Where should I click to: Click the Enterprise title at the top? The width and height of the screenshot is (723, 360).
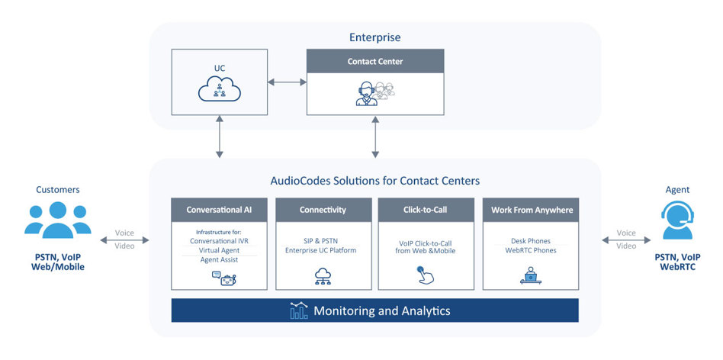click(374, 37)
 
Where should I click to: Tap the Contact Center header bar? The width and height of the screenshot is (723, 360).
click(374, 61)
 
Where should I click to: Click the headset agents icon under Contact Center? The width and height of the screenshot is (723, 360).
click(374, 93)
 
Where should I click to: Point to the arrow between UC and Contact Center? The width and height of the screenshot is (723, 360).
click(287, 82)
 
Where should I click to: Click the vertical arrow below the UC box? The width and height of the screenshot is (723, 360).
click(220, 137)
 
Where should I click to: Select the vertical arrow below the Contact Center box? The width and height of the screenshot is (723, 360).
click(374, 137)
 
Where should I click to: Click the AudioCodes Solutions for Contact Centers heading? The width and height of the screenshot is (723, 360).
click(374, 181)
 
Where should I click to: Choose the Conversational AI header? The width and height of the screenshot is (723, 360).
click(219, 210)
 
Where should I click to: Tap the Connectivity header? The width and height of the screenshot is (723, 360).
click(323, 210)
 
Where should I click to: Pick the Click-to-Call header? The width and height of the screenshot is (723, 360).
click(426, 210)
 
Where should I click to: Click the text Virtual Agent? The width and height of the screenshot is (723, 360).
click(219, 249)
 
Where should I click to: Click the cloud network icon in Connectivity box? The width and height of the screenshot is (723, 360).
click(323, 276)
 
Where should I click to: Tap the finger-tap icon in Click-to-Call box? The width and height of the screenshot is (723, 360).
click(426, 276)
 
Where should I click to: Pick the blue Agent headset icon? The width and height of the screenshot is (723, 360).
click(677, 220)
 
